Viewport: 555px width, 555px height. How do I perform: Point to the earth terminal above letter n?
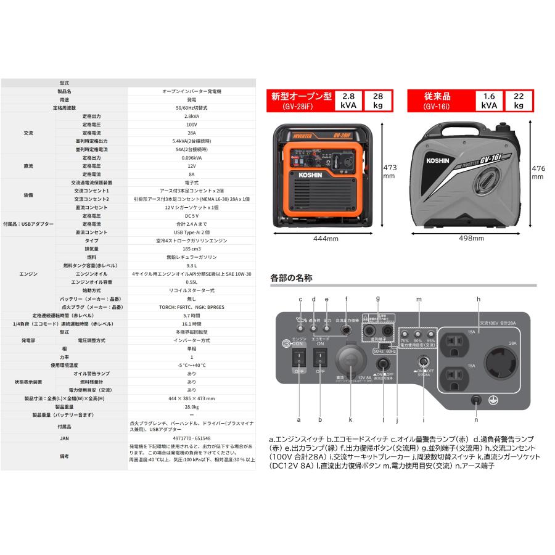[x=475, y=400]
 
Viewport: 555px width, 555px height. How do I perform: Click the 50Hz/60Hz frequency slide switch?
[x=385, y=346]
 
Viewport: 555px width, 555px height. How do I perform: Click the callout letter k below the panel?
[x=350, y=420]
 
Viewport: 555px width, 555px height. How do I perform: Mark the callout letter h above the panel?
[x=479, y=299]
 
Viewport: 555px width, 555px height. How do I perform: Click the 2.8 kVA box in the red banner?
[x=348, y=101]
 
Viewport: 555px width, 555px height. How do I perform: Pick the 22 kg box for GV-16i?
[x=519, y=101]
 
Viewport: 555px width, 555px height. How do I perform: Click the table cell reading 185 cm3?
[x=191, y=249]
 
